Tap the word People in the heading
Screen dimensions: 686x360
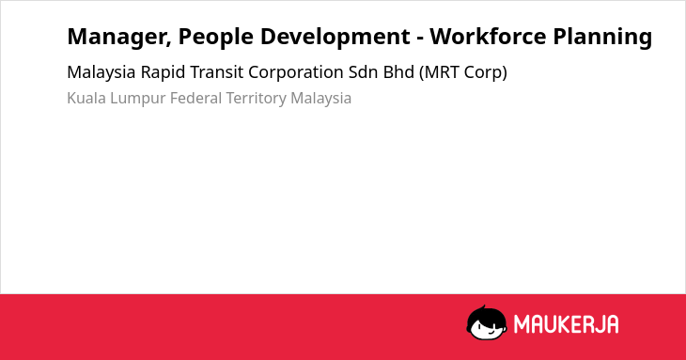pyautogui.click(x=216, y=38)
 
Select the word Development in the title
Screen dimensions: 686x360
pyautogui.click(x=335, y=38)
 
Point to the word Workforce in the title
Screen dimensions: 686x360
pyautogui.click(x=488, y=37)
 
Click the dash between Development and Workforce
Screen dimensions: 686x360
pyautogui.click(x=420, y=39)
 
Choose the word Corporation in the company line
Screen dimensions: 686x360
pyautogui.click(x=296, y=72)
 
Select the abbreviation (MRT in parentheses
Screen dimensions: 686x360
pyautogui.click(x=439, y=72)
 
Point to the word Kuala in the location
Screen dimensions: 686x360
pyautogui.click(x=86, y=98)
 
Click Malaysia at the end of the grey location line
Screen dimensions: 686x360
pyautogui.click(x=321, y=99)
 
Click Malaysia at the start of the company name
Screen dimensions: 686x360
pyautogui.click(x=101, y=72)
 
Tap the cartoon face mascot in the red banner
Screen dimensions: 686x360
pyautogui.click(x=487, y=322)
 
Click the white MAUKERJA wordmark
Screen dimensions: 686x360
pyautogui.click(x=566, y=324)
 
